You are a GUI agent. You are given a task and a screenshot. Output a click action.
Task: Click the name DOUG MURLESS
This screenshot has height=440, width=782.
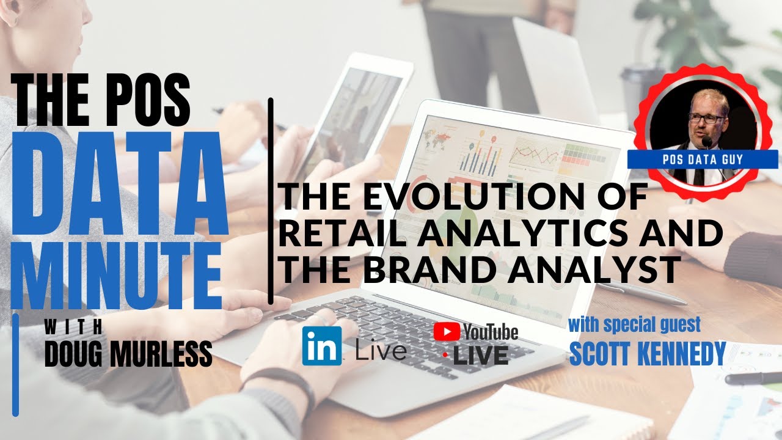coord(128,354)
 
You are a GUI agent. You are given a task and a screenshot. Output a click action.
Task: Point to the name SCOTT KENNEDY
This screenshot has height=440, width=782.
coord(647,353)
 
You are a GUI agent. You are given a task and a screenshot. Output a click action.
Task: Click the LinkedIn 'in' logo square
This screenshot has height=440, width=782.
coord(322,346)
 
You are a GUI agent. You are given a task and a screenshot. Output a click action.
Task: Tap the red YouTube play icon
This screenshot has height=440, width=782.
coord(447,331)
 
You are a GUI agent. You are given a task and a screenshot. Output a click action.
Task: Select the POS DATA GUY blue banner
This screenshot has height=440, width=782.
coord(702,159)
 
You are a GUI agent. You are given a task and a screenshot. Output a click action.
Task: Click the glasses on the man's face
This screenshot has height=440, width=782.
coord(707,119)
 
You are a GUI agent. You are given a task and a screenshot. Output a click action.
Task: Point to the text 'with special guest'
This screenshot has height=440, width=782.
coord(634,324)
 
